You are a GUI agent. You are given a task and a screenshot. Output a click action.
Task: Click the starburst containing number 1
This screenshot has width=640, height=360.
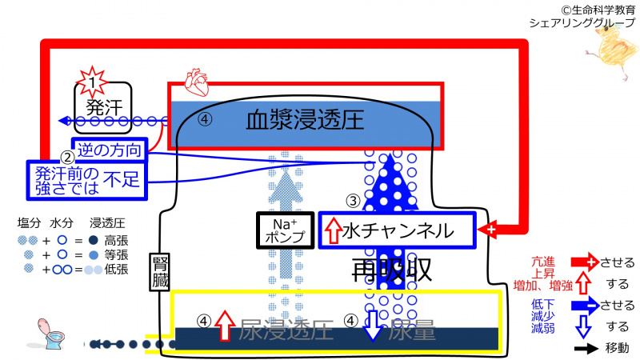pos(94,81)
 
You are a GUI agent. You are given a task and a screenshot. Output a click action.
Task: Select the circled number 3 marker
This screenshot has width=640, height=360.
pos(353,202)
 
